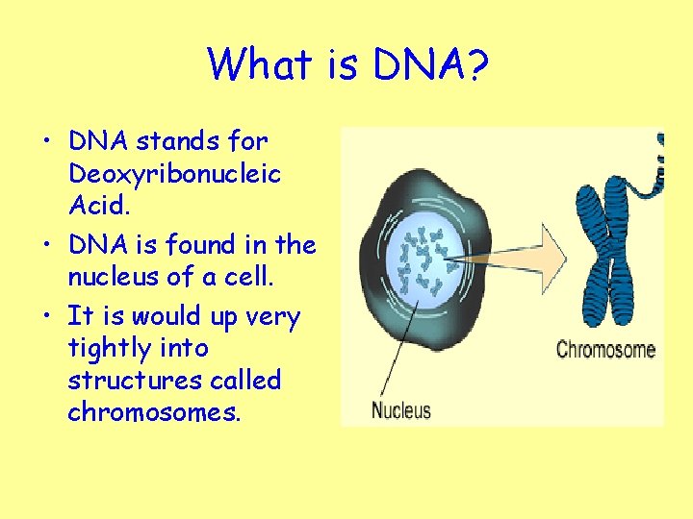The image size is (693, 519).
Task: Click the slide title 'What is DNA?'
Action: [x=346, y=65]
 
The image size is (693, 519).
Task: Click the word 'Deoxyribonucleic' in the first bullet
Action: [x=174, y=174]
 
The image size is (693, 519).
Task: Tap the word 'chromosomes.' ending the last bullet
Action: [x=154, y=413]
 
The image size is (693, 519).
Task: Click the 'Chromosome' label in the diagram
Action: [x=605, y=348]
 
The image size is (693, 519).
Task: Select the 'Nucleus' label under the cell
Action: [x=401, y=410]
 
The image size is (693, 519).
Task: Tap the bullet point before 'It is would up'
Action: [x=45, y=316]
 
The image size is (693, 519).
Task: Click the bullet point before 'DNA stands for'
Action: [x=45, y=141]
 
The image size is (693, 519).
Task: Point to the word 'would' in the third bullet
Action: [x=166, y=316]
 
